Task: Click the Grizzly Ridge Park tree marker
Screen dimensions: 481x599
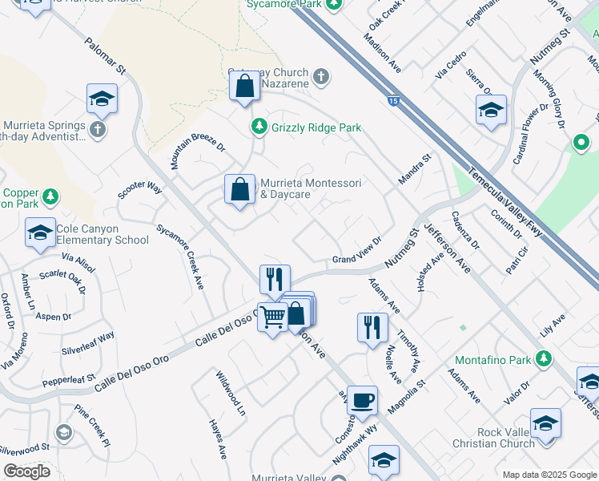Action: tap(259, 127)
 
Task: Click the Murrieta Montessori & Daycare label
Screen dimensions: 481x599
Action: tap(310, 189)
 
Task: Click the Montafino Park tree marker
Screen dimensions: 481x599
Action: tap(545, 358)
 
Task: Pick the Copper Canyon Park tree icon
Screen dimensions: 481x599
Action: tap(50, 196)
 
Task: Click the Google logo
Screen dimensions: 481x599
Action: tap(26, 471)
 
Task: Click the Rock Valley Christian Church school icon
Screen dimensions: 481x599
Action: tap(545, 422)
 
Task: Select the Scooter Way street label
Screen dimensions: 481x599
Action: tap(140, 190)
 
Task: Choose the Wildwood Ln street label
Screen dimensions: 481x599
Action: tap(230, 392)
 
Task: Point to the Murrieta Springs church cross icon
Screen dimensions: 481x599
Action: tap(98, 130)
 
